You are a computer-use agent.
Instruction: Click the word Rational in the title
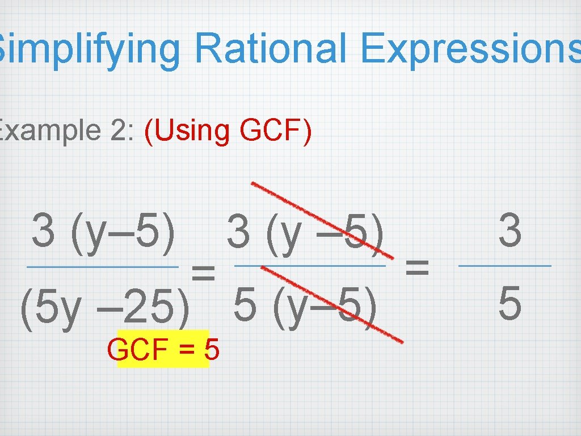pos(270,49)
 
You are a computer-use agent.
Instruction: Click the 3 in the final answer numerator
pos(510,232)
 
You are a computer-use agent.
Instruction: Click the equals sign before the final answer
pos(418,265)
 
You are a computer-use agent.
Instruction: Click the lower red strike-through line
pos(332,303)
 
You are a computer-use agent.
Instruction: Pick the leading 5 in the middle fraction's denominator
pos(245,307)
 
